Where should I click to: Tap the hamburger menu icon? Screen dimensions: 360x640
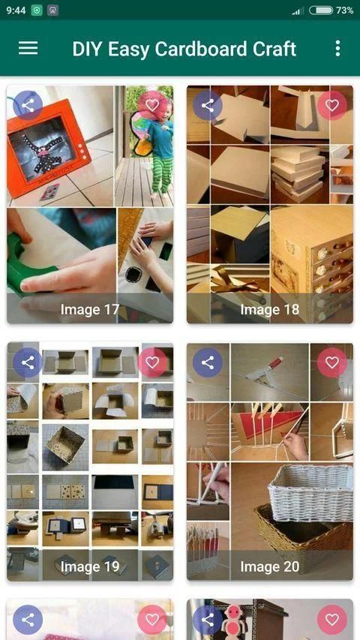28,48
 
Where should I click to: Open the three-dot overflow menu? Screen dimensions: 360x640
337,48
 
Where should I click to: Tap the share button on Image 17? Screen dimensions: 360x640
28,106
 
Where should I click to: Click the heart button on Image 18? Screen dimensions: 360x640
331,105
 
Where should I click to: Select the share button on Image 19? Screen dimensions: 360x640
28,362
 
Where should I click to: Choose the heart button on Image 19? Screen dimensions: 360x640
152,362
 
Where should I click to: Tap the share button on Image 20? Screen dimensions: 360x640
207,362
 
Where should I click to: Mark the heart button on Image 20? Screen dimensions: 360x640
331,362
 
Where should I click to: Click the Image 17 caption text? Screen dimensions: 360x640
90,310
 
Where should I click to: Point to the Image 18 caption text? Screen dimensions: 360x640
269,310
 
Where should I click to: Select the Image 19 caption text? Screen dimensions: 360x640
90,566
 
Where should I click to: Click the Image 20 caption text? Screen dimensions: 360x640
269,566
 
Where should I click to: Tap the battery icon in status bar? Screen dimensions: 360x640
321,11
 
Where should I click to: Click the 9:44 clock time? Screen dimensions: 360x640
16,11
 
